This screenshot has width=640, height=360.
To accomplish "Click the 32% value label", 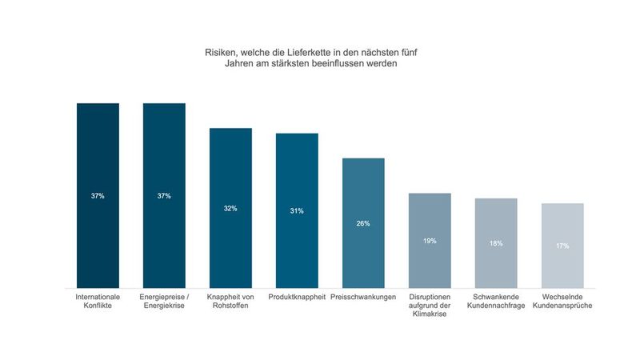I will tap(230, 209).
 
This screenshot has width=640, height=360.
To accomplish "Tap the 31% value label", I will tap(297, 211).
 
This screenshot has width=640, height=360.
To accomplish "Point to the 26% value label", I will tap(363, 224).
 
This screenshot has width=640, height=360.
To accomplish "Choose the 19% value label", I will tap(430, 241).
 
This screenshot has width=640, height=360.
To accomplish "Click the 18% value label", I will tap(496, 243).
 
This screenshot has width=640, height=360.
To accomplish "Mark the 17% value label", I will tap(562, 246).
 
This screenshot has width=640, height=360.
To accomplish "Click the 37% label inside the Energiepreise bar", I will tap(164, 196).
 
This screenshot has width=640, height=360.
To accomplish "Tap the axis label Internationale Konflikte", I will tap(98, 300).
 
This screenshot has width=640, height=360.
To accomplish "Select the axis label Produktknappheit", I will tap(297, 296).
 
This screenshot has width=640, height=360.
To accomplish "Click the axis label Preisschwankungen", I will tap(363, 296).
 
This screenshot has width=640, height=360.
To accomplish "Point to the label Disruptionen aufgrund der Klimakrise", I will tap(430, 305).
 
